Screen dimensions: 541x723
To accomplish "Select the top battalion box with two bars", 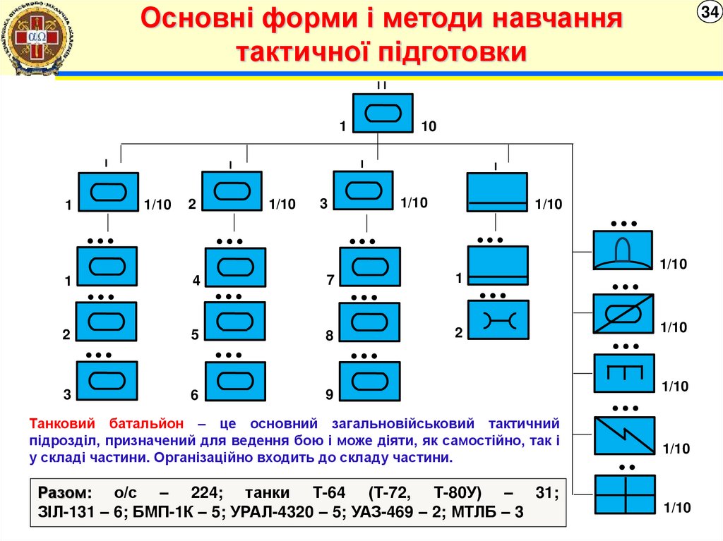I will (382, 112).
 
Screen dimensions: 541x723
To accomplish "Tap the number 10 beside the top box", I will (429, 127).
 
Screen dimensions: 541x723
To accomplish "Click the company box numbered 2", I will (232, 191).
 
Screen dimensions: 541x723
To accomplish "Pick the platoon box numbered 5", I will (235, 322).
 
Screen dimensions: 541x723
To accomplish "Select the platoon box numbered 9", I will (369, 382).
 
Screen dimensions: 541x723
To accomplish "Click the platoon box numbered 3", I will (107, 382).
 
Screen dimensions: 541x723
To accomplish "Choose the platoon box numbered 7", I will (369, 267).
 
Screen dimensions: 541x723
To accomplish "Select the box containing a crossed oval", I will (623, 313).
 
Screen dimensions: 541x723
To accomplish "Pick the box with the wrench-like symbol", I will (498, 322).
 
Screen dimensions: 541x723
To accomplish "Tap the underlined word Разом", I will (65, 492).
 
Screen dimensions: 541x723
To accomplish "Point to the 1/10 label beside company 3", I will (414, 203).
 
